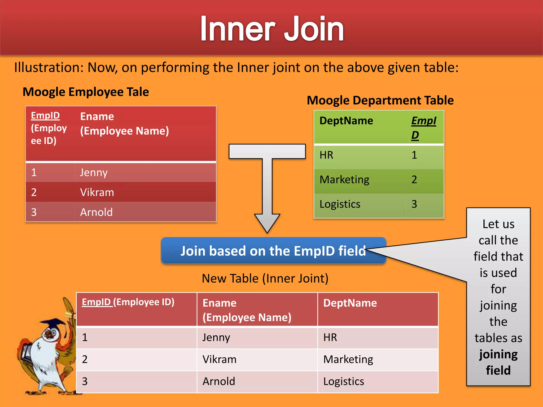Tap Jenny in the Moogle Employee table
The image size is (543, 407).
pyautogui.click(x=94, y=173)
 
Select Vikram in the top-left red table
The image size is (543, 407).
pyautogui.click(x=97, y=192)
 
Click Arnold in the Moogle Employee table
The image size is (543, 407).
pyautogui.click(x=97, y=212)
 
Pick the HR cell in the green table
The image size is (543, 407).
pyautogui.click(x=326, y=155)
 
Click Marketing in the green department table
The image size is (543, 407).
pyautogui.click(x=344, y=180)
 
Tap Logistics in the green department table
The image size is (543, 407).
pyautogui.click(x=340, y=204)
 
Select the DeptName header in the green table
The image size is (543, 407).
pyautogui.click(x=346, y=121)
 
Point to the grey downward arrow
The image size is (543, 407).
pyautogui.click(x=267, y=185)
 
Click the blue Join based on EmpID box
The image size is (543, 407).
pyautogui.click(x=273, y=251)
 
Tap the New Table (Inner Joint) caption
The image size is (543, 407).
pyautogui.click(x=265, y=278)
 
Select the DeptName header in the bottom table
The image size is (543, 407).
pyautogui.click(x=350, y=303)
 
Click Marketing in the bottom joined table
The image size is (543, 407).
pyautogui.click(x=348, y=360)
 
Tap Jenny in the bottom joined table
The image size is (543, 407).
pyautogui.click(x=216, y=338)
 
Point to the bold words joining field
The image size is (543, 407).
pyautogui.click(x=498, y=362)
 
